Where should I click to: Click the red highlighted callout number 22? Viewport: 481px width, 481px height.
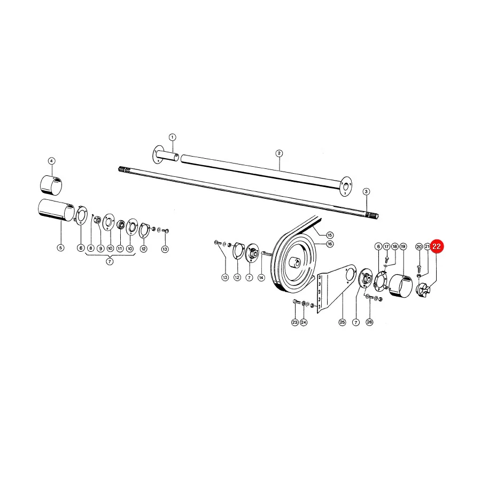pyautogui.click(x=437, y=246)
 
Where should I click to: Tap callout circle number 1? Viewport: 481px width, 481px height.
pyautogui.click(x=173, y=137)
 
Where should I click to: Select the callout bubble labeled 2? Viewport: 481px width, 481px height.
pyautogui.click(x=279, y=153)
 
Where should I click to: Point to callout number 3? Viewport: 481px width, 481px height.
pyautogui.click(x=366, y=192)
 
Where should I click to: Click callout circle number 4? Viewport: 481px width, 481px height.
pyautogui.click(x=51, y=161)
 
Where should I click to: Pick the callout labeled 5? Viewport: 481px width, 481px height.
pyautogui.click(x=61, y=247)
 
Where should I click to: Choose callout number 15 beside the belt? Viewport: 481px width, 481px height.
pyautogui.click(x=330, y=235)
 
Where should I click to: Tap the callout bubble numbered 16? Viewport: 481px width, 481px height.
pyautogui.click(x=330, y=244)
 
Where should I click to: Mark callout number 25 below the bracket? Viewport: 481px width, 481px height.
pyautogui.click(x=342, y=322)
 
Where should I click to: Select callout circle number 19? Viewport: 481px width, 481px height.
pyautogui.click(x=403, y=246)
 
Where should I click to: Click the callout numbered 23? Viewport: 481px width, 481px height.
pyautogui.click(x=295, y=322)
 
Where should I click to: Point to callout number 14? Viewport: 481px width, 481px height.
pyautogui.click(x=261, y=277)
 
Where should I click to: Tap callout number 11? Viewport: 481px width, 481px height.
pyautogui.click(x=120, y=249)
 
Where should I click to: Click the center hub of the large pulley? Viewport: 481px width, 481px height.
pyautogui.click(x=295, y=263)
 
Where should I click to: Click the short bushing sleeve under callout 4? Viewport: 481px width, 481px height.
pyautogui.click(x=51, y=185)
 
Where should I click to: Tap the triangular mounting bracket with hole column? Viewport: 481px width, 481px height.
pyautogui.click(x=336, y=288)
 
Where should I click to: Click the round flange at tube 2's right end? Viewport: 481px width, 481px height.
pyautogui.click(x=346, y=186)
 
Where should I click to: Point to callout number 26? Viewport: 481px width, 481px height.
pyautogui.click(x=369, y=322)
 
